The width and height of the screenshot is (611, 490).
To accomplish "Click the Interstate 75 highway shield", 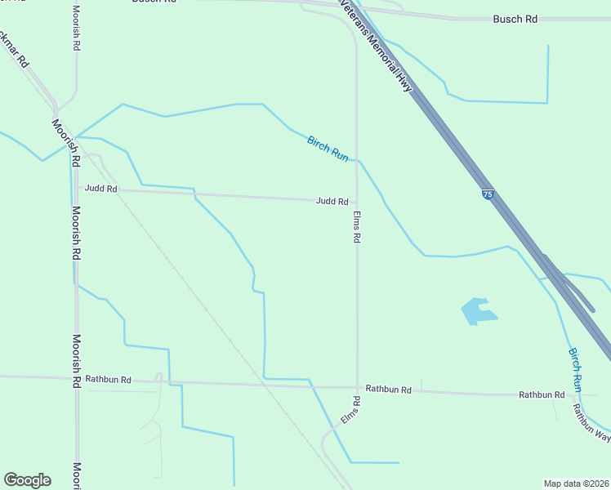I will point(488,194).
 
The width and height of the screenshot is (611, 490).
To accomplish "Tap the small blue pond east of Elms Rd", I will point(477,310).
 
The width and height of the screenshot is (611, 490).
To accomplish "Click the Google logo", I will point(27,480).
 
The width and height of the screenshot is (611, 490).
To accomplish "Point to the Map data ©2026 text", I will point(576,483).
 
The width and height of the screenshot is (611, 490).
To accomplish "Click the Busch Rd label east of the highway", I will point(515,19).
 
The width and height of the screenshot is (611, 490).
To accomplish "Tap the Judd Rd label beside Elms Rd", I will point(332,202).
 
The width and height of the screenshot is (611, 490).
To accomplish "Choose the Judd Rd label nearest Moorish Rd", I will point(101,189).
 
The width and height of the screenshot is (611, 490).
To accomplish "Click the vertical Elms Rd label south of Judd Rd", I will point(357,228).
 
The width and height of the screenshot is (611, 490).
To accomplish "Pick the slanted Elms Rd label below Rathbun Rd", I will point(351,411).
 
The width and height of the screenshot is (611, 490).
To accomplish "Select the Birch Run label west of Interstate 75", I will point(328,148).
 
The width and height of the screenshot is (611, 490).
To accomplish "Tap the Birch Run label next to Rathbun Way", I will point(576,369).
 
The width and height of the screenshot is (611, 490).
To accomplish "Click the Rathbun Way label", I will point(591,423).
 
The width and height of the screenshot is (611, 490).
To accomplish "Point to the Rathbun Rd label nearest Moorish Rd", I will point(109,380).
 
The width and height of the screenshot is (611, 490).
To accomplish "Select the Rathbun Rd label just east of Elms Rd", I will point(388,390).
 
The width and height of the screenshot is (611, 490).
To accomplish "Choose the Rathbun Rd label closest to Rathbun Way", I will point(542,394).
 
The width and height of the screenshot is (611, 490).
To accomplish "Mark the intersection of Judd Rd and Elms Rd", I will point(356,201).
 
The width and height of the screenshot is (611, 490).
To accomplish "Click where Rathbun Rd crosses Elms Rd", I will point(357,387).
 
